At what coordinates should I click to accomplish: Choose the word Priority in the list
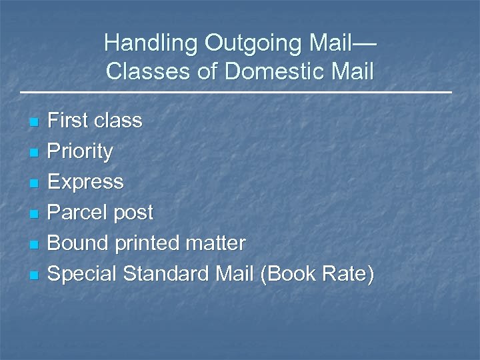click(x=81, y=151)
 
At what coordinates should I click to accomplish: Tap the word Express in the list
click(x=86, y=182)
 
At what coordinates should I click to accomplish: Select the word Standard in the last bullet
click(x=165, y=273)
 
